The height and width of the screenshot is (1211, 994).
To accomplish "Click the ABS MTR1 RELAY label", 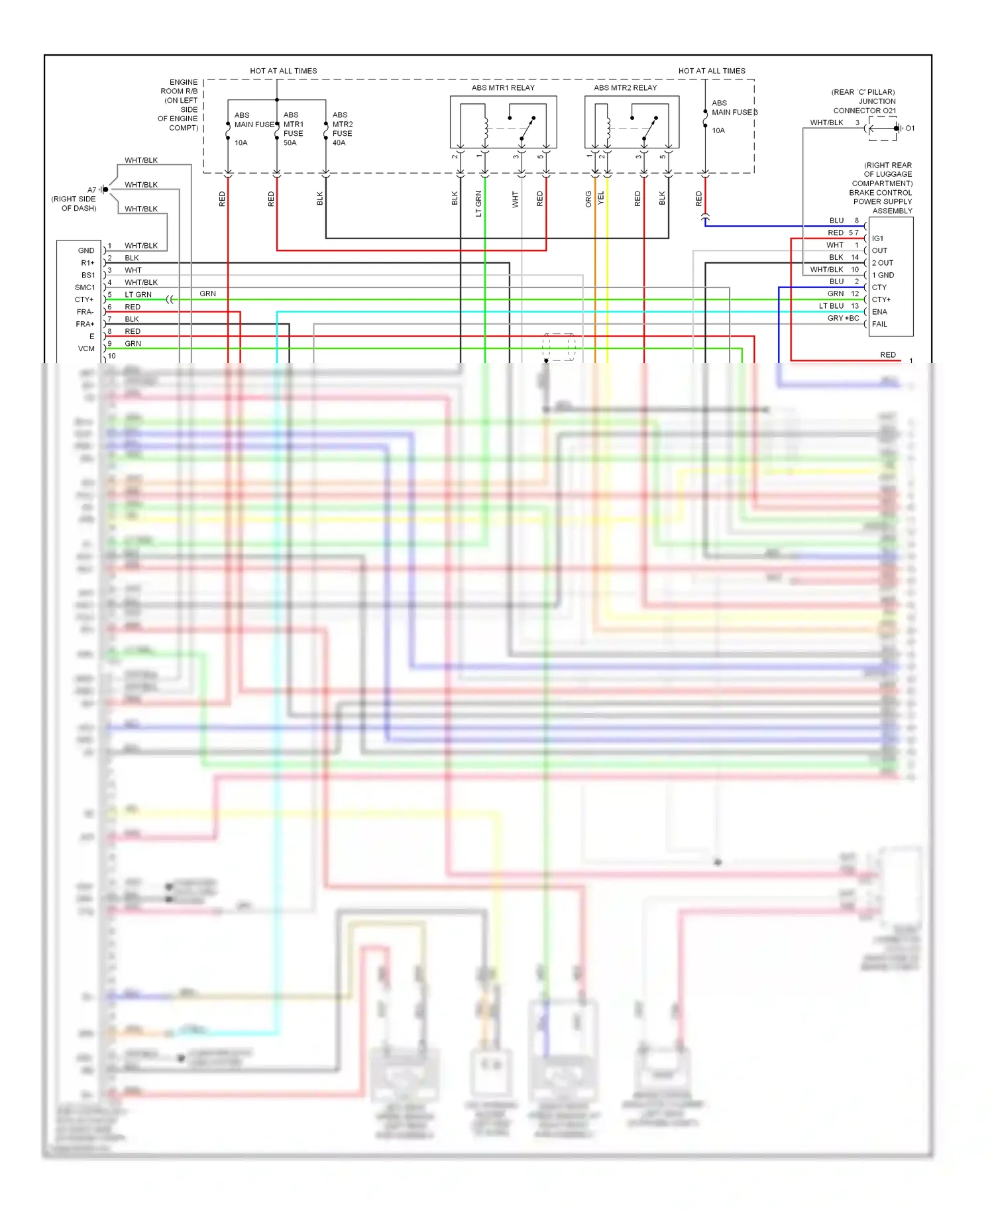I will point(502,87).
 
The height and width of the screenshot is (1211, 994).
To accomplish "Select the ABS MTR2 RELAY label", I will point(625,87).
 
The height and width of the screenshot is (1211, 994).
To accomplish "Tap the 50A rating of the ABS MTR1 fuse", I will point(290,142).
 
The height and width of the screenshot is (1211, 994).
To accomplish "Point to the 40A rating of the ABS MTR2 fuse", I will point(339,142).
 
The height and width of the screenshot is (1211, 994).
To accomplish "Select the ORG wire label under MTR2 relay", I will point(588,199).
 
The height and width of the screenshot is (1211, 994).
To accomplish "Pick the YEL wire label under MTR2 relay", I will point(601,197).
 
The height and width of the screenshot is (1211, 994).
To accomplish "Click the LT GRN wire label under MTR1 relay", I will point(478,203).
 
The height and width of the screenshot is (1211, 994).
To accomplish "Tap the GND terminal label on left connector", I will point(86,250).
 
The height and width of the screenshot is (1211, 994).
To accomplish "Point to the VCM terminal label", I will point(86,348).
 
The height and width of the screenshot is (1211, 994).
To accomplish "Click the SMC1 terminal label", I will point(85,288).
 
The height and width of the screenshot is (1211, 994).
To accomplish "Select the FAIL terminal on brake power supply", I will point(879,324).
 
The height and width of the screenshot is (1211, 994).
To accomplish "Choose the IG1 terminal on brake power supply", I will point(877,238).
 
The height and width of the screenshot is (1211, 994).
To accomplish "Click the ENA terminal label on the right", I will point(879,312).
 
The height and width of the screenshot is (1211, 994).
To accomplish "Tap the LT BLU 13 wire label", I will point(838,306).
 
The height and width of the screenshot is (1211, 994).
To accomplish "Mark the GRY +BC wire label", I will point(843,318).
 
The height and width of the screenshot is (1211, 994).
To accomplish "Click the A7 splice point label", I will point(91,189).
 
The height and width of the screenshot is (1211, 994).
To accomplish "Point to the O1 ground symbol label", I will point(910,129).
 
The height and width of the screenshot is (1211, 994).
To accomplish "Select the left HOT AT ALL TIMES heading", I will point(283,71).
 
